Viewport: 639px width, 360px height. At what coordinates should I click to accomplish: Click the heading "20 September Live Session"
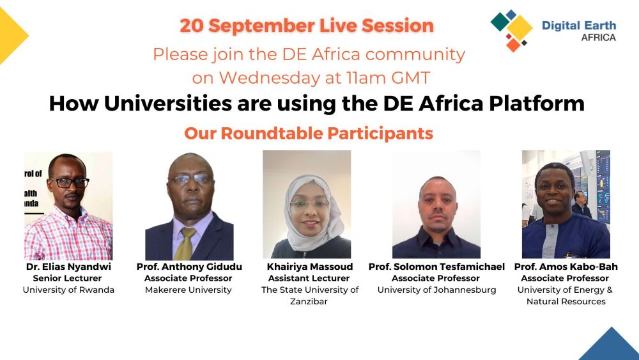(x=307, y=26)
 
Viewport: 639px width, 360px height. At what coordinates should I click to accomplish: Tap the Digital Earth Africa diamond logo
(x=512, y=31)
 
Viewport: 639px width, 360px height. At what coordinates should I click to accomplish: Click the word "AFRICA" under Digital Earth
(x=598, y=38)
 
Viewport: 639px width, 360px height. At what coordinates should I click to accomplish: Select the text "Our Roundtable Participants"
(x=309, y=133)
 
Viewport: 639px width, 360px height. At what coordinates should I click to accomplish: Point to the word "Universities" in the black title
(x=168, y=103)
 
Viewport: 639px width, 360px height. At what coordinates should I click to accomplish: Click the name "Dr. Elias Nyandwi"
(x=68, y=267)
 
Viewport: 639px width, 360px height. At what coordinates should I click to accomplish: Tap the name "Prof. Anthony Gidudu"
(x=189, y=267)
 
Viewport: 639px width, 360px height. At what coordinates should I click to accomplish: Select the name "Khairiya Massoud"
(x=310, y=267)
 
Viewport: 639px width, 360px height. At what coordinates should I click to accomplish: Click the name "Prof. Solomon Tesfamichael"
(x=436, y=267)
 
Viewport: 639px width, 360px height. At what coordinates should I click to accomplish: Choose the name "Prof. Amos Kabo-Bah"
(x=566, y=267)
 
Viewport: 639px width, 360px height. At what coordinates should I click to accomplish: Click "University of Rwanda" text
(x=68, y=290)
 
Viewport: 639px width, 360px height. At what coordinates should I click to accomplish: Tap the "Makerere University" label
(x=189, y=290)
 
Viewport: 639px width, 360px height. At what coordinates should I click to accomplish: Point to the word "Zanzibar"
(x=309, y=301)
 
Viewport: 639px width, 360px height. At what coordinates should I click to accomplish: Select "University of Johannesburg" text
(x=437, y=290)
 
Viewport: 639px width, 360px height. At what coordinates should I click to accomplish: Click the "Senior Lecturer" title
(x=67, y=278)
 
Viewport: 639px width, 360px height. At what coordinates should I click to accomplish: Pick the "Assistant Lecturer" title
(x=309, y=278)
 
